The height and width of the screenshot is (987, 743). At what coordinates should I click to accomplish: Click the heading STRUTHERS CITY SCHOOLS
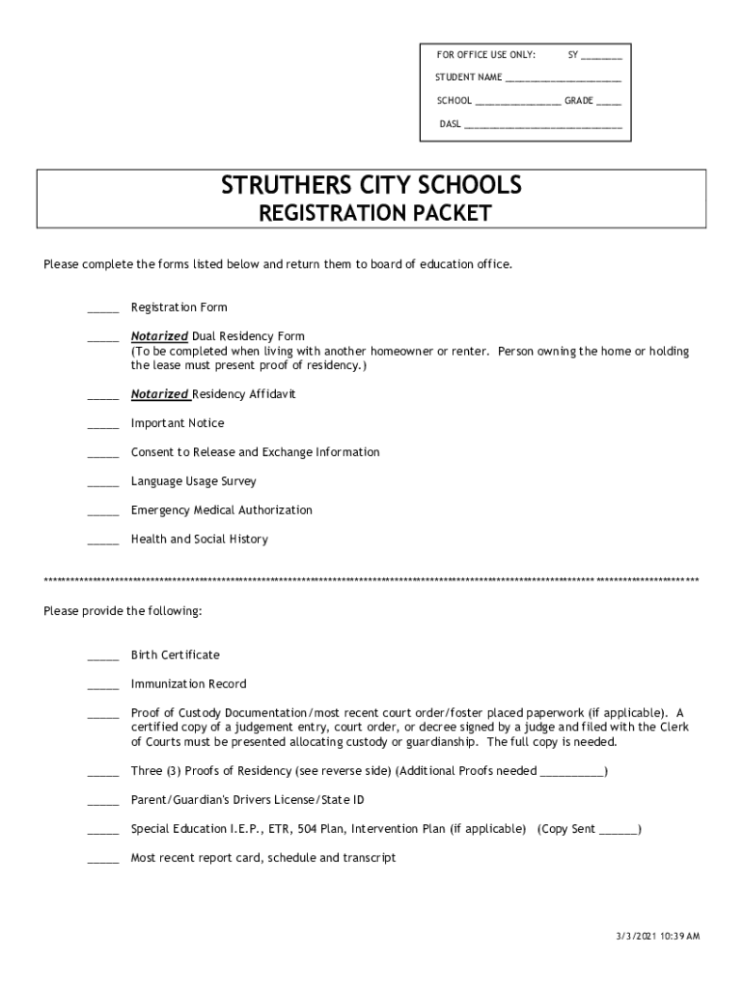[x=371, y=184]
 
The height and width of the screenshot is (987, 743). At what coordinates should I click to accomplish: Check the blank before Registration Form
[x=103, y=309]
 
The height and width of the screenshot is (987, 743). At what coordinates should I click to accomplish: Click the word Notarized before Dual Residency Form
[x=159, y=336]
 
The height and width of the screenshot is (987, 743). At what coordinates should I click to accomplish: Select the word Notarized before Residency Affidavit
[x=159, y=394]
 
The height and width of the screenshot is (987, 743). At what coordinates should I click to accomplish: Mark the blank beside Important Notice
[x=103, y=425]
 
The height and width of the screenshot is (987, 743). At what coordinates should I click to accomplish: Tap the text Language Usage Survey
[x=193, y=481]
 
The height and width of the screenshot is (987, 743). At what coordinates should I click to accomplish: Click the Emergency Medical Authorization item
[x=221, y=510]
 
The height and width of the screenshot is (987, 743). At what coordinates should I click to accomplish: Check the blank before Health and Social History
[x=103, y=541]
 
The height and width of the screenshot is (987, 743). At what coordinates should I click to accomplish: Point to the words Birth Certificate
[x=175, y=654]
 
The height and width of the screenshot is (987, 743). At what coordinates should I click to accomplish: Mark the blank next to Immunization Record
[x=103, y=685]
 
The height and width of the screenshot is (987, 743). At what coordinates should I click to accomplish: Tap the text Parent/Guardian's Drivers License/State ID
[x=247, y=800]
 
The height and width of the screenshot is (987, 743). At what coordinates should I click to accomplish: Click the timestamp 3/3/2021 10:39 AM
[x=659, y=936]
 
